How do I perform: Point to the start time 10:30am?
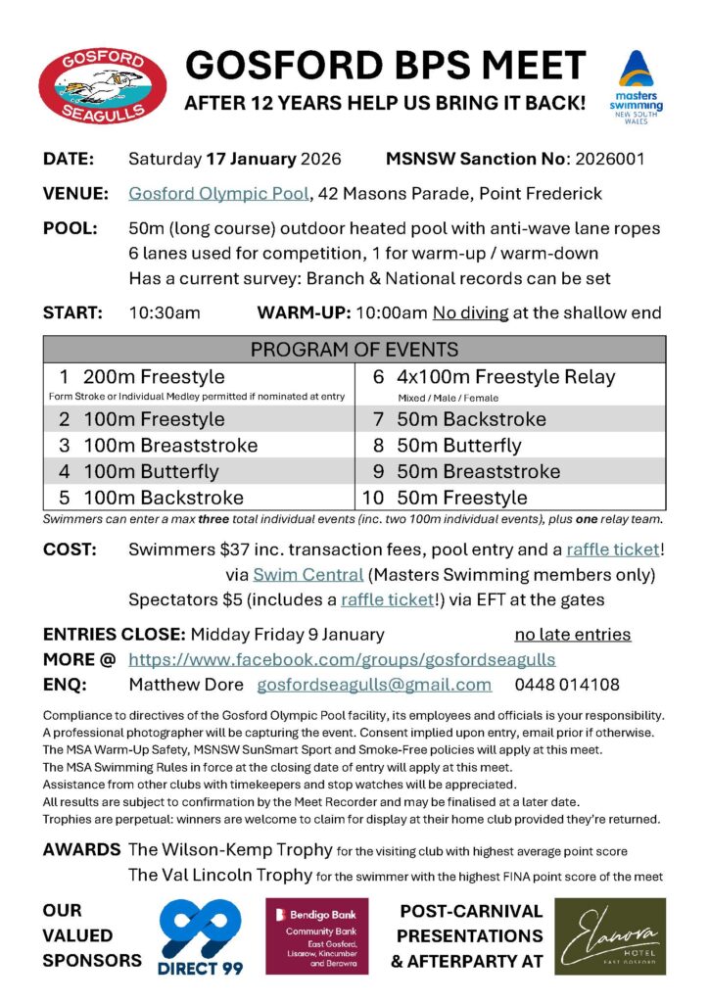point(165,313)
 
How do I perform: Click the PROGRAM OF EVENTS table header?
point(354,350)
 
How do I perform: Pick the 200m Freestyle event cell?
point(154,377)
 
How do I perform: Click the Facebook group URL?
point(342,659)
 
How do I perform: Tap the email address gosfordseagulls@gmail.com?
point(374,685)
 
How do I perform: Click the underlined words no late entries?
point(573,635)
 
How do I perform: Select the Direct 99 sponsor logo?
point(200,936)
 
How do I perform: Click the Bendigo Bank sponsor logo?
point(317,935)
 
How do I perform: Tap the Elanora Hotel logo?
point(610,935)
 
